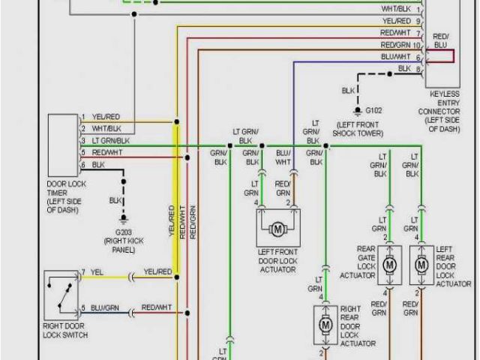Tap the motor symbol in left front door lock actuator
[277, 227]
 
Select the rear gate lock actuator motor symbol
[390, 265]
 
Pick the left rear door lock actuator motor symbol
[421, 265]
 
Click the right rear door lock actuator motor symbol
[325, 325]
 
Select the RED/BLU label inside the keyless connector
[441, 40]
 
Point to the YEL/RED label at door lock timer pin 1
[105, 117]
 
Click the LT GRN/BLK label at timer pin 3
[111, 141]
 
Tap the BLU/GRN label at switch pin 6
[106, 307]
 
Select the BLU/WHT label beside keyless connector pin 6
[395, 56]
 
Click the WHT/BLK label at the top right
[395, 8]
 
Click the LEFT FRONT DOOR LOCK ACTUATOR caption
[277, 258]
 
